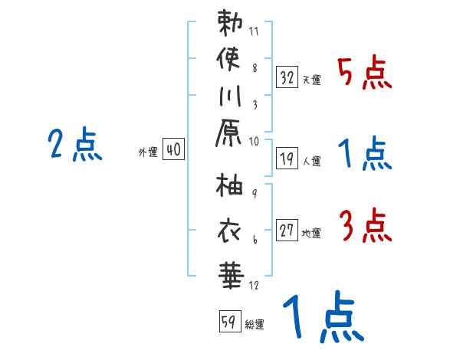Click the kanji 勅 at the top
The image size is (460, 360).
(230, 22)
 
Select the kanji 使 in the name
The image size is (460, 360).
(230, 57)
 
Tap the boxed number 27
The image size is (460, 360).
(287, 230)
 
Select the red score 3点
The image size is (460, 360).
(365, 227)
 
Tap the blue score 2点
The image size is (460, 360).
(75, 145)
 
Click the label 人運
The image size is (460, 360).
(311, 162)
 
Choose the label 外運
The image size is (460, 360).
(148, 152)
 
